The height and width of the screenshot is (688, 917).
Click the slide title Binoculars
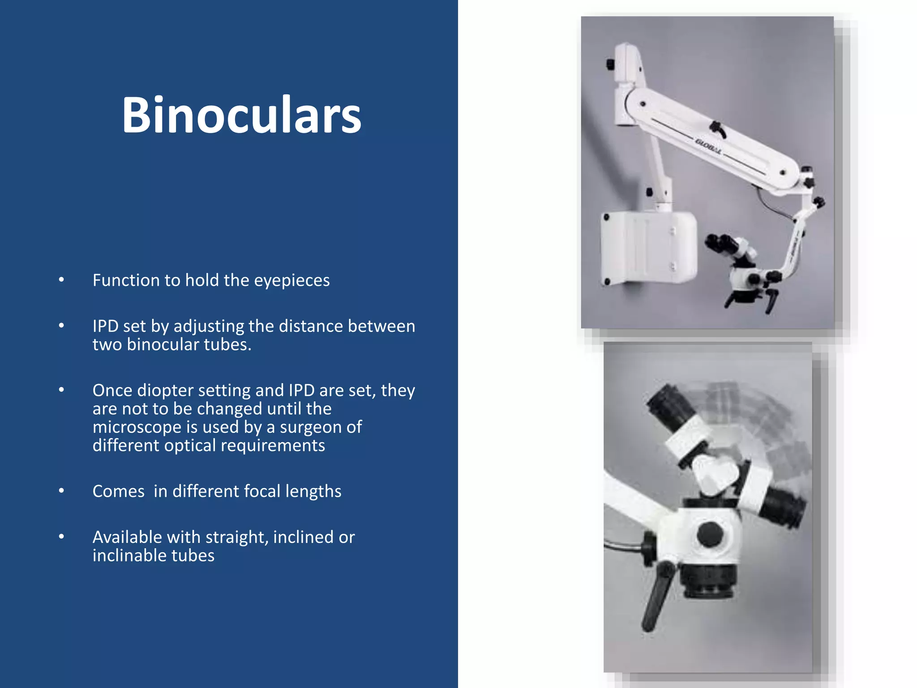tap(241, 115)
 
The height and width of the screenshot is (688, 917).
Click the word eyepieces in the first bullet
tap(291, 280)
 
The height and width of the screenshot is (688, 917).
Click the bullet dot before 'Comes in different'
tap(61, 491)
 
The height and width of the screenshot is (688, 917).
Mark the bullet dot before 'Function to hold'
tap(61, 280)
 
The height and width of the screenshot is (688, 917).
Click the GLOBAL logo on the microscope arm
tap(708, 146)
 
